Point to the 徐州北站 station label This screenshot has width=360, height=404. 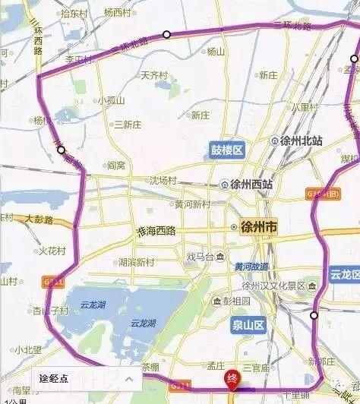[296, 141]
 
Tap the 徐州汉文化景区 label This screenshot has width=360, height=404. [273, 286]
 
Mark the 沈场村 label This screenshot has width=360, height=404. [162, 181]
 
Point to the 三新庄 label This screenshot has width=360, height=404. [127, 125]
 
